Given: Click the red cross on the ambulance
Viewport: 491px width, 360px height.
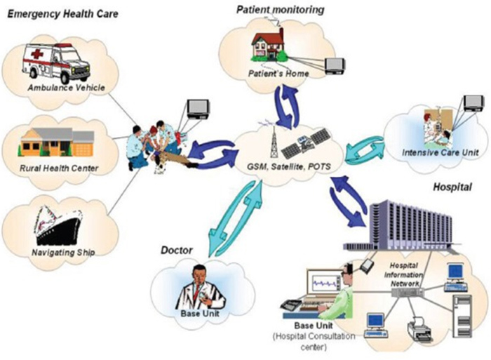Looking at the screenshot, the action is [x=37, y=54].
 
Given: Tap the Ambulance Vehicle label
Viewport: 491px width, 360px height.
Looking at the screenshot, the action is [x=66, y=88].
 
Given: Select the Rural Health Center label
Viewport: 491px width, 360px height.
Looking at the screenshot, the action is [x=59, y=168].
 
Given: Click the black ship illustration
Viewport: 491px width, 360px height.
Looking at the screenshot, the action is [x=58, y=225].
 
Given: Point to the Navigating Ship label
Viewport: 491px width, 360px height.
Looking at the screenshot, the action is [x=63, y=252].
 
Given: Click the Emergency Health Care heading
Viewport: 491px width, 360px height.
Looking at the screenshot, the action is [x=62, y=14].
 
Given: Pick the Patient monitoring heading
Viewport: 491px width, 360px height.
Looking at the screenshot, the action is [x=280, y=10].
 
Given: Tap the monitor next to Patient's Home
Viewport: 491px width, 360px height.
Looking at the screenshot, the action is [x=335, y=66].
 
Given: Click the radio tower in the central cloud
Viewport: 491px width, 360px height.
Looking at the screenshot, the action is [x=274, y=140].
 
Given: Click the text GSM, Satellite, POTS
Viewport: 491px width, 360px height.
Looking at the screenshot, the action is [x=289, y=167].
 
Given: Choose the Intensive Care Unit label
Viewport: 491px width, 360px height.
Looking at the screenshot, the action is [x=440, y=152].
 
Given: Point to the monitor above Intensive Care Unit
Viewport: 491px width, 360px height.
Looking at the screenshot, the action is [x=473, y=102].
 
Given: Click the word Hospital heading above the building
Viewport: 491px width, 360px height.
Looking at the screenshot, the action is [x=452, y=187].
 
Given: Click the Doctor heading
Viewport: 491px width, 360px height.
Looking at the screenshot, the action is [x=177, y=251].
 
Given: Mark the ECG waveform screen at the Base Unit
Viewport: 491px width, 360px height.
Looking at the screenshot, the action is [x=324, y=283].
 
